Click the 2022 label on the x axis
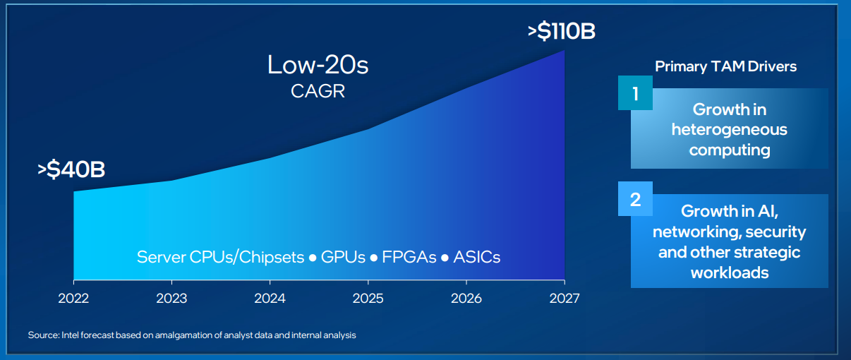pos(73,299)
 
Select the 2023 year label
pos(171,299)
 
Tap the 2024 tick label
pos(270,299)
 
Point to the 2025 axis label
pos(368,299)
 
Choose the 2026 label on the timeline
pos(466,299)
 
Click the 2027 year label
pos(565,299)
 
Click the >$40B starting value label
pos(71,169)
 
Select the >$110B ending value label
pos(562,31)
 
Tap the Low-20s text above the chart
pos(318,65)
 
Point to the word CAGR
pos(318,91)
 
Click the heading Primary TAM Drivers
pos(725,66)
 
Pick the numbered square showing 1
pos(635,92)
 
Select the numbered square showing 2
pos(635,199)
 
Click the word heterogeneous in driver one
pos(730,130)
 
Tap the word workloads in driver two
pos(730,272)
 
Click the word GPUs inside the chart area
pos(343,258)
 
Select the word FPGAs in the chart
pos(409,258)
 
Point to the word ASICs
pos(477,258)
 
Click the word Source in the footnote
pos(44,335)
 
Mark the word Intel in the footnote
pos(70,335)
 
